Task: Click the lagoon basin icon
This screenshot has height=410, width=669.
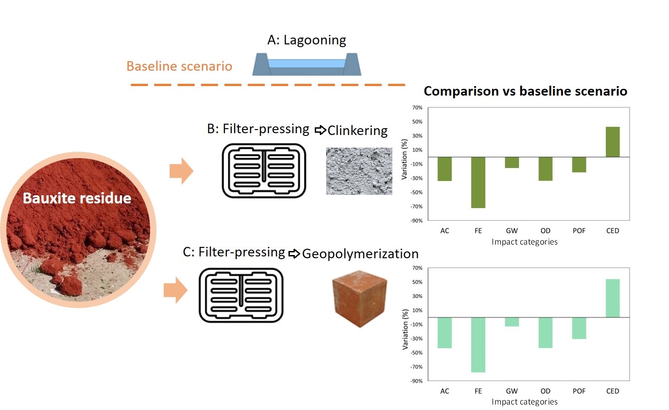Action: tap(307, 65)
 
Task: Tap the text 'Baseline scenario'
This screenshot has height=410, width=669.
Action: tap(179, 66)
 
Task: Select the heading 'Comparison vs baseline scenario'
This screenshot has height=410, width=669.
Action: tap(525, 91)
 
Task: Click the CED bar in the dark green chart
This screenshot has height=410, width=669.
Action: tap(612, 142)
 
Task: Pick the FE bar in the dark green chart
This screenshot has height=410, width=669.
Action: tap(478, 182)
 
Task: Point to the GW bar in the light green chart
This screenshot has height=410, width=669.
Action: tap(512, 322)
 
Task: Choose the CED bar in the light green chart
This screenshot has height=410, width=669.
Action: tap(612, 298)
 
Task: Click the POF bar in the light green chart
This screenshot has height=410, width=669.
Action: tap(579, 328)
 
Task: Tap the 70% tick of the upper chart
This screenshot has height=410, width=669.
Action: tap(417, 108)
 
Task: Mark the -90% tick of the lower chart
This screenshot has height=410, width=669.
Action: tap(416, 381)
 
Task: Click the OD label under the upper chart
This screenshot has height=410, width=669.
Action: tap(545, 231)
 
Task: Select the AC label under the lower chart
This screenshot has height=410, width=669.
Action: tap(444, 391)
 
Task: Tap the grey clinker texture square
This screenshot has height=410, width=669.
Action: tap(359, 171)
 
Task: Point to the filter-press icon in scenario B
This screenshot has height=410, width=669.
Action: tap(264, 171)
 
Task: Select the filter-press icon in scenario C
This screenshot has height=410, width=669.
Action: tap(241, 295)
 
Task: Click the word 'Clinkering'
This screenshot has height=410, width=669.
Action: tap(357, 130)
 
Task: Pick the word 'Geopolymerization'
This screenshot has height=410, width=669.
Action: tap(360, 254)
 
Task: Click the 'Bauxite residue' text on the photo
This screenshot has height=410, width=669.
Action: tap(77, 198)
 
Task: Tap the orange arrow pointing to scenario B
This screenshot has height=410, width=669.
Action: tap(181, 171)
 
